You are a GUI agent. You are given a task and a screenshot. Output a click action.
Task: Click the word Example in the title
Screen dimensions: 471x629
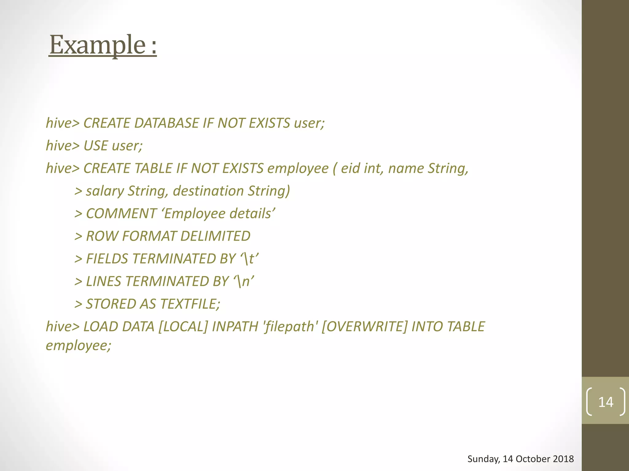coord(98,45)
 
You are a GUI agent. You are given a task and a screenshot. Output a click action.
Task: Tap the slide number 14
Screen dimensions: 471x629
coord(606,402)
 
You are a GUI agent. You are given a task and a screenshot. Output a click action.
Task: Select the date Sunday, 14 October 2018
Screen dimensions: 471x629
coord(521,459)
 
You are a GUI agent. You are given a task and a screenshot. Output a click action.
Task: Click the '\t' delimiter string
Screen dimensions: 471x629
coord(249,259)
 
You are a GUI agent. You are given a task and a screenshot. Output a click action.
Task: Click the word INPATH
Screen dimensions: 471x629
coord(235,327)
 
